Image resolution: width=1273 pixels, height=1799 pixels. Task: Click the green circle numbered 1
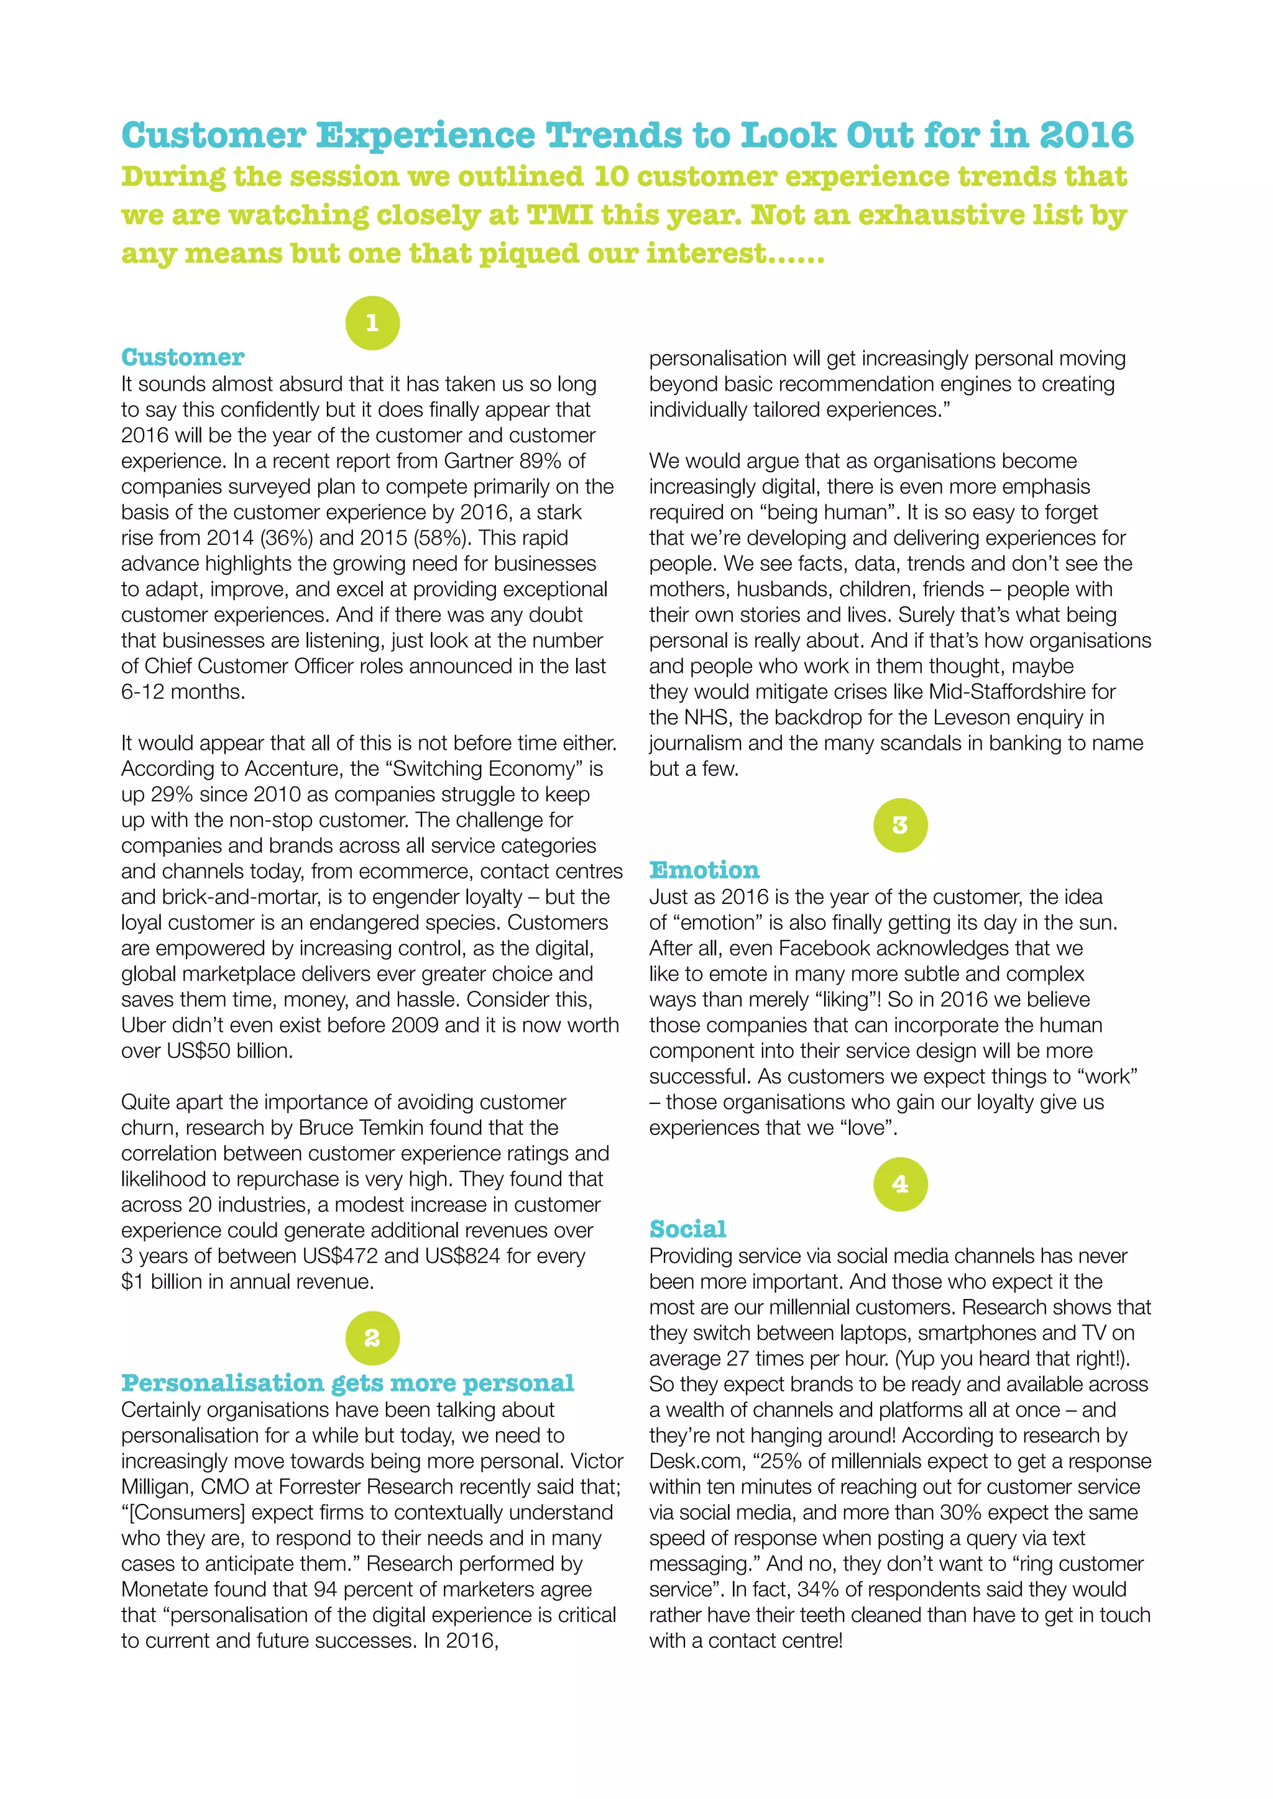tap(372, 323)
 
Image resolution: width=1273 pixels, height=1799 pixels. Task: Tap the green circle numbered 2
tap(372, 1337)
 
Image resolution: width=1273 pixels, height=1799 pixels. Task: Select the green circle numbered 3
tap(900, 825)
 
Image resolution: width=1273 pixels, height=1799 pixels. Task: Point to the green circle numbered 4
tap(900, 1184)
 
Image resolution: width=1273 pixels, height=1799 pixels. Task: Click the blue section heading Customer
tap(183, 357)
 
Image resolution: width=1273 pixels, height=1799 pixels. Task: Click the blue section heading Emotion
tap(704, 870)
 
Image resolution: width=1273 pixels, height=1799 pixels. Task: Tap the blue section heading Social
tap(687, 1229)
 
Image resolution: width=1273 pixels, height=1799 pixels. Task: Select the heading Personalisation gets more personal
tap(347, 1382)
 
